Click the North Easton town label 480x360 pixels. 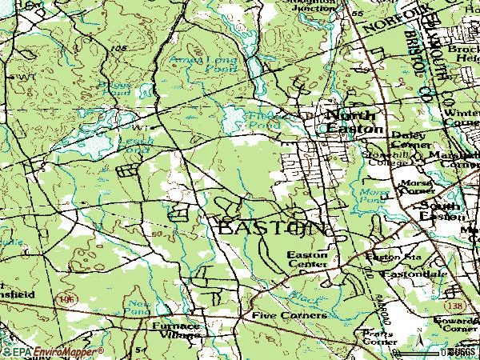pos(354,122)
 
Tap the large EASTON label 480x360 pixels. pos(272,228)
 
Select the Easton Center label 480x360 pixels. pos(307,260)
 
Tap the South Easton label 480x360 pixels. pos(442,211)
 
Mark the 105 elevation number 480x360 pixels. pos(120,50)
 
